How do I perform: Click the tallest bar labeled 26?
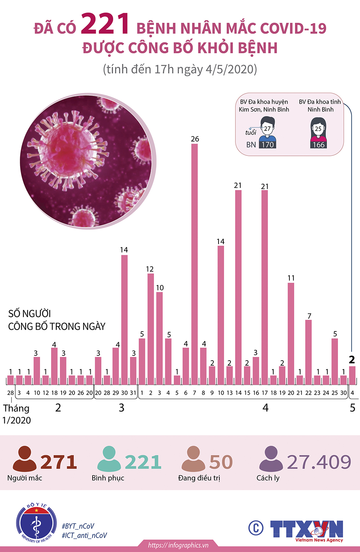pos(195,257)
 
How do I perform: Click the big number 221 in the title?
pos(105,24)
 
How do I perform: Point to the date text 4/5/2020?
pos(231,69)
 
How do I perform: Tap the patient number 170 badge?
pos(267,145)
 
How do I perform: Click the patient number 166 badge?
pos(318,145)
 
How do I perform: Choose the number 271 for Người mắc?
pos(59,462)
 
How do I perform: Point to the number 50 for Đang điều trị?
pos(221,462)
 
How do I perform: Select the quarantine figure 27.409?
pos(319,462)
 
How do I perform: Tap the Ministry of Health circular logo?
pos(36,523)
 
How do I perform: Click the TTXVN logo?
pos(306,530)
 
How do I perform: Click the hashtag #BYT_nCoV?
pos(78,526)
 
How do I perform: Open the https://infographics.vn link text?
pos(178,545)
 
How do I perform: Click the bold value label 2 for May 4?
pos(352,359)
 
